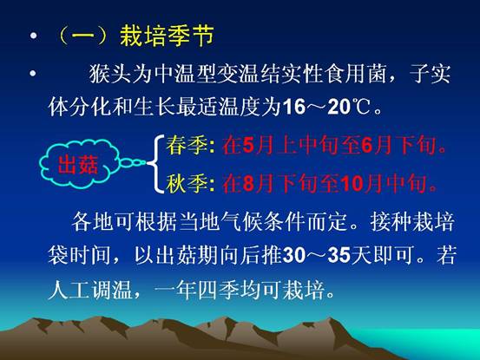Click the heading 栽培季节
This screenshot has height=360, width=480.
point(167,36)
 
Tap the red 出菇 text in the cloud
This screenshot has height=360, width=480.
point(78,165)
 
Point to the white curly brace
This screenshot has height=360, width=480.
point(157,164)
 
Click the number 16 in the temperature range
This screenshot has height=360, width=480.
point(294,108)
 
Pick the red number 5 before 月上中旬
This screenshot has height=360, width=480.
point(248,145)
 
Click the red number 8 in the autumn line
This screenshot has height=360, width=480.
point(248,184)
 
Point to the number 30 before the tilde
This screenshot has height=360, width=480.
point(294,255)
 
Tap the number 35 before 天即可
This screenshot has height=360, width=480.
point(339,255)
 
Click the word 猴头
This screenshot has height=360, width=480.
point(110,74)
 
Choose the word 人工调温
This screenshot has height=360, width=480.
point(90,289)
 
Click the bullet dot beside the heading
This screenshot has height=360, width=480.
point(33,36)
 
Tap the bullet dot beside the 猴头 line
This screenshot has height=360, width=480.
point(33,74)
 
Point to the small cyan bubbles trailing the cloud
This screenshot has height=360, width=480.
point(132,163)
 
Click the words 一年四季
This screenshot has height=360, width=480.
point(197,289)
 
